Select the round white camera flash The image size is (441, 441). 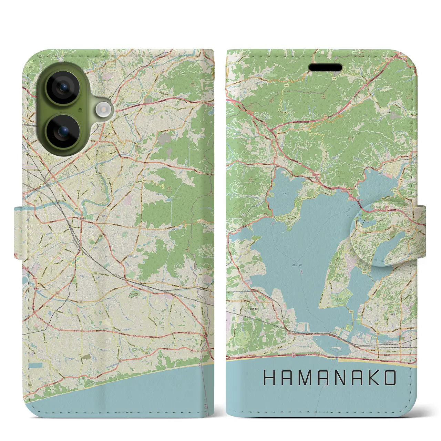tap(103, 110)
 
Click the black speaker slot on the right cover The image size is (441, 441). tap(325, 67)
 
